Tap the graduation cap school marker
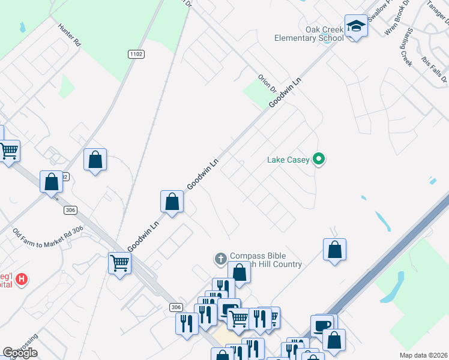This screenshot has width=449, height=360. [356, 27]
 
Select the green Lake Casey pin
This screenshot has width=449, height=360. [319, 160]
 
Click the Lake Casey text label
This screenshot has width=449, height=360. [288, 160]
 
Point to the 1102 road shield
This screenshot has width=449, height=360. [136, 54]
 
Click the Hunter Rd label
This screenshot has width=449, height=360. [69, 35]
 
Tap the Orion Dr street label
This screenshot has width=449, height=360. [267, 84]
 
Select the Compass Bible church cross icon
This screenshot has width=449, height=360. [220, 259]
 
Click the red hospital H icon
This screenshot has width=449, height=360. [22, 279]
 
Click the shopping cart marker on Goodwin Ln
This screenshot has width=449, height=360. [119, 262]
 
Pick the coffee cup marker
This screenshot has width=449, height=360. [323, 325]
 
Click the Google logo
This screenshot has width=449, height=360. [20, 353]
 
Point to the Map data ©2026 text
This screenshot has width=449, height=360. [423, 355]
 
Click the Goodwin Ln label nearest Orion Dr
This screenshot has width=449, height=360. [284, 93]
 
